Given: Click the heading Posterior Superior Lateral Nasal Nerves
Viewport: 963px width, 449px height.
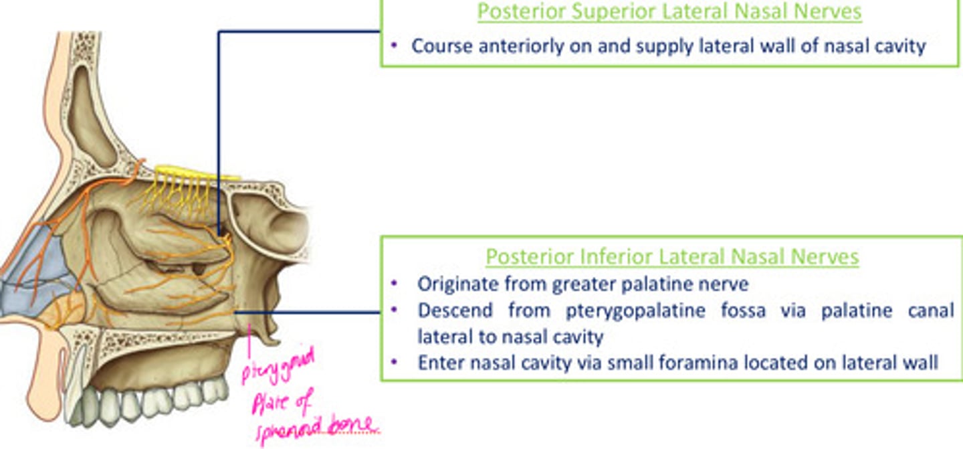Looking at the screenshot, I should coord(669,11).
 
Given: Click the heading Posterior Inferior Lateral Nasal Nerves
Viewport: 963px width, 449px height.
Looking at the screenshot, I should coord(672,256).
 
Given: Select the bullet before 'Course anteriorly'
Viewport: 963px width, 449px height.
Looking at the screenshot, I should coord(395,46).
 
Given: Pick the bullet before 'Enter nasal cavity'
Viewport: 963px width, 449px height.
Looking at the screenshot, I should coord(395,362).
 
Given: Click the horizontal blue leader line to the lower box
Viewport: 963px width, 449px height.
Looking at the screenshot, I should coord(308,311).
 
